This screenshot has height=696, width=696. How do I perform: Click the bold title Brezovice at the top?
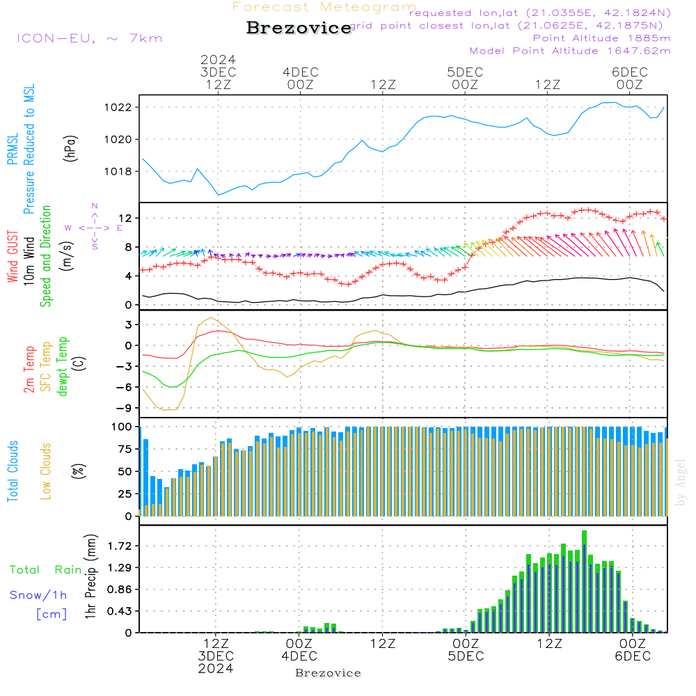299,29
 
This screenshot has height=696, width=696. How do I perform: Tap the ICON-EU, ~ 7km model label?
89,38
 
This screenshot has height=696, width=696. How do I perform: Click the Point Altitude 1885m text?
601,38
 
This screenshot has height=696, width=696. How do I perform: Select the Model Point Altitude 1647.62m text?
570,51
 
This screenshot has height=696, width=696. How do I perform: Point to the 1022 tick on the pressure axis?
119,107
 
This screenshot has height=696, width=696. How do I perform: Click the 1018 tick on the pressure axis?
119,171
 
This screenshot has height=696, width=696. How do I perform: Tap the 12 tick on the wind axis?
125,219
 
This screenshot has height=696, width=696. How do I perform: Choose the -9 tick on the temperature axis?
125,409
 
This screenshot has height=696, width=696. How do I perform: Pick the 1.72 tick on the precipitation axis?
120,546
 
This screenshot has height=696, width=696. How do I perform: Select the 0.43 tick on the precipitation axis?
120,611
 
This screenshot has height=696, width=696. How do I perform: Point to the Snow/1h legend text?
38,595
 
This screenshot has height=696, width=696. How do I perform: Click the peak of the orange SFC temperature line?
211,318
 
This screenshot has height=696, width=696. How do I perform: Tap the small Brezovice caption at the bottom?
328,673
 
